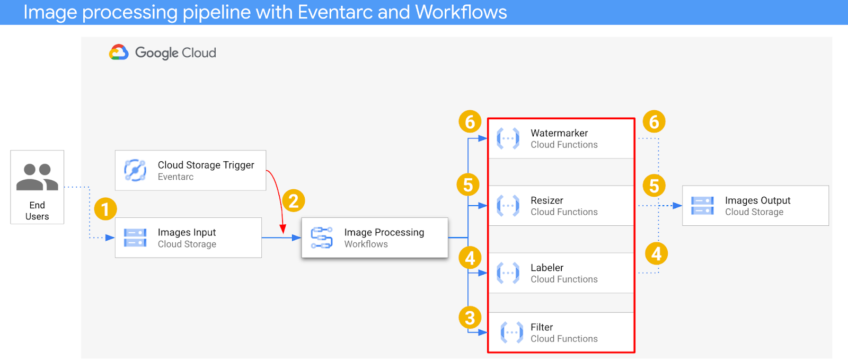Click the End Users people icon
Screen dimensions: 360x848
[x=37, y=177]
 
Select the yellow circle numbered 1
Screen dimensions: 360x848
[x=105, y=209]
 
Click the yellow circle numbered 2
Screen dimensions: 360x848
[x=294, y=201]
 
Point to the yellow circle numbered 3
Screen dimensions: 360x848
[x=470, y=318]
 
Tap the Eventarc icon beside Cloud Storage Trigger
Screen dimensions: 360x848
[x=135, y=170]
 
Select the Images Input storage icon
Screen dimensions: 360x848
[x=135, y=238]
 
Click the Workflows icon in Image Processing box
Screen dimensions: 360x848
[x=322, y=238]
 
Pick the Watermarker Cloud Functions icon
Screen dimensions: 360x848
[x=508, y=138]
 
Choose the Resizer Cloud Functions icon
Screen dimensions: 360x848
[x=508, y=206]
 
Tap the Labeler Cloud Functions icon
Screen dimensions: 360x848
[x=508, y=273]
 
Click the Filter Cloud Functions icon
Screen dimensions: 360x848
[x=511, y=332]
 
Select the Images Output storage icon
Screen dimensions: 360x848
[x=702, y=206]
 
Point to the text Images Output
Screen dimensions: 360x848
[x=757, y=200]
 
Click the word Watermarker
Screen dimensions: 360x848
[x=559, y=133]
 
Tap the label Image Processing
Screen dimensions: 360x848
[x=384, y=232]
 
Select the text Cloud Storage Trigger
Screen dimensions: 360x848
[x=206, y=165]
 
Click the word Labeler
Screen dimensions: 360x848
[x=547, y=268]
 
